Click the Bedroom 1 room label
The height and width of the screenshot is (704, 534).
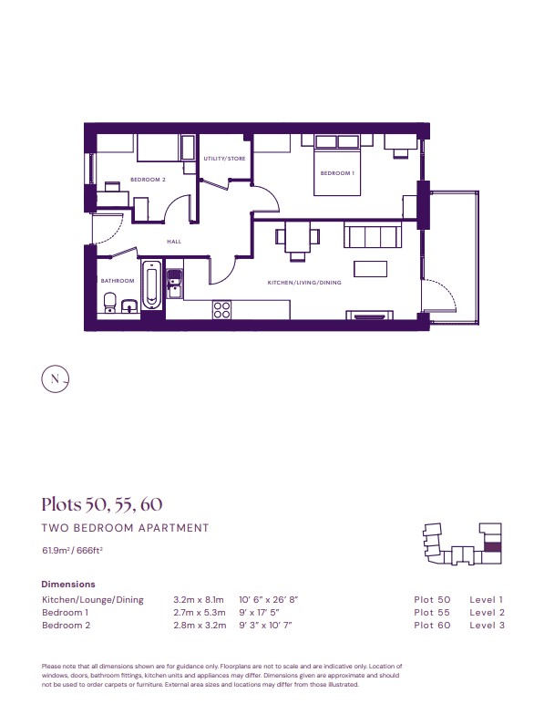[x=337, y=173]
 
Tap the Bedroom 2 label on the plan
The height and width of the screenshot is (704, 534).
[x=149, y=180]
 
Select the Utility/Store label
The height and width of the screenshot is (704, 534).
[x=224, y=159]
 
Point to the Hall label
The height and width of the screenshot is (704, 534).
[x=174, y=242]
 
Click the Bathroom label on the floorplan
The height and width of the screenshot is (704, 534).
[x=118, y=281]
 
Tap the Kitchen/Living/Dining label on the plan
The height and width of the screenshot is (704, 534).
[x=304, y=283]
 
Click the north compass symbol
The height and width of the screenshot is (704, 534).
[x=56, y=379]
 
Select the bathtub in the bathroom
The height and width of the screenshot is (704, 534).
[x=151, y=285]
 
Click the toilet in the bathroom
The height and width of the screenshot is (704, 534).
[x=109, y=302]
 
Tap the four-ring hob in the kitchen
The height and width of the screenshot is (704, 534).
[x=221, y=309]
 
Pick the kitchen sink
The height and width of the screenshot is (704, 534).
[x=174, y=283]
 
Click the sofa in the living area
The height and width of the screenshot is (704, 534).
[x=373, y=236]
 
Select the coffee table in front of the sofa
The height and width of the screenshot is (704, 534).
[x=370, y=269]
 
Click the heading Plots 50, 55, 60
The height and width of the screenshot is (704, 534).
[x=102, y=504]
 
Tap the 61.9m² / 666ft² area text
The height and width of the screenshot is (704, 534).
[x=73, y=550]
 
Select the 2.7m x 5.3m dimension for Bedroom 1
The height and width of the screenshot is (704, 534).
[x=200, y=613]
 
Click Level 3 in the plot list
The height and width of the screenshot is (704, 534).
[x=487, y=625]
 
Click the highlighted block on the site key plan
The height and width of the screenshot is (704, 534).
[x=493, y=547]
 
